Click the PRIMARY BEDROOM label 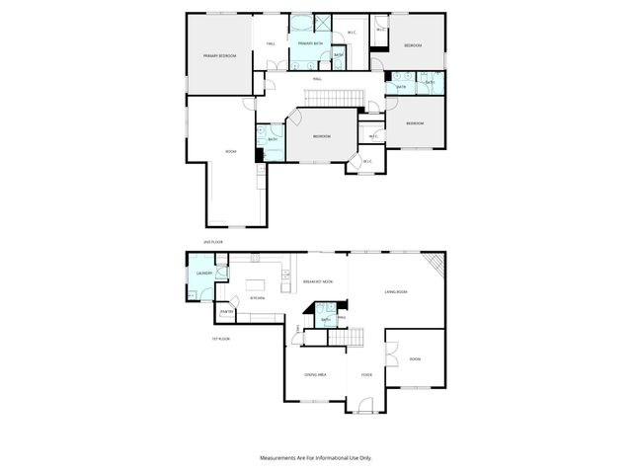219,56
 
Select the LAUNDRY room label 205,274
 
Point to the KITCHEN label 260,296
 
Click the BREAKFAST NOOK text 318,283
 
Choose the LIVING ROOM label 396,292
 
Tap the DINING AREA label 315,374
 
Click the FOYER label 365,374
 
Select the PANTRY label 226,313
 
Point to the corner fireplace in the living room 435,263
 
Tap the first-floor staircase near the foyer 344,338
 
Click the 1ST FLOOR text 221,339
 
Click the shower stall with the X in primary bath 321,24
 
